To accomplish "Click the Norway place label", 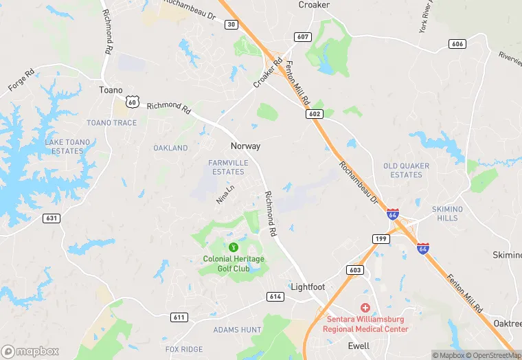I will click(245, 146).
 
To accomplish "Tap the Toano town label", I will click(111, 90).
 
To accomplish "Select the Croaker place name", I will click(314, 5).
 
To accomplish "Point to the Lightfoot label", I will click(308, 286).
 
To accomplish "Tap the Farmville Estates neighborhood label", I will click(227, 167).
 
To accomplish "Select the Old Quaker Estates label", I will click(406, 170).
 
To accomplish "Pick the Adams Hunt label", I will click(237, 330).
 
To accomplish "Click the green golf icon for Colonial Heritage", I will click(233, 247).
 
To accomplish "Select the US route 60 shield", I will click(132, 102).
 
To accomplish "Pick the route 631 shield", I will click(52, 218).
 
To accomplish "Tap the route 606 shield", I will click(457, 44).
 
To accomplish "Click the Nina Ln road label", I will click(225, 194).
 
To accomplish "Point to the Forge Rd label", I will click(21, 80).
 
